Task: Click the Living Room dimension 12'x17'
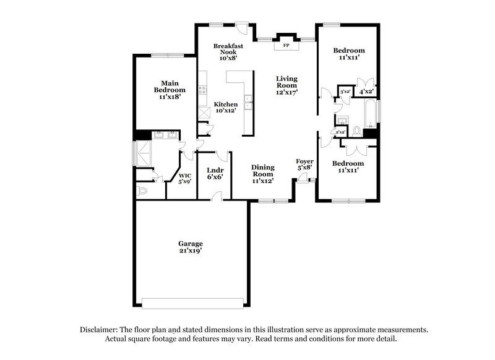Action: (287, 92)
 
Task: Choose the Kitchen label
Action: (226, 104)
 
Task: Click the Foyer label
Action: (304, 161)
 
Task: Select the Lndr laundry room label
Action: (215, 170)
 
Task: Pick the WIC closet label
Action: (183, 175)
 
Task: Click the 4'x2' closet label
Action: (366, 92)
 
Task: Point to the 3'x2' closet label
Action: (345, 92)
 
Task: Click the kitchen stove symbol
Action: (202, 92)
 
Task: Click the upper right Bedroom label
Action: (349, 50)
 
